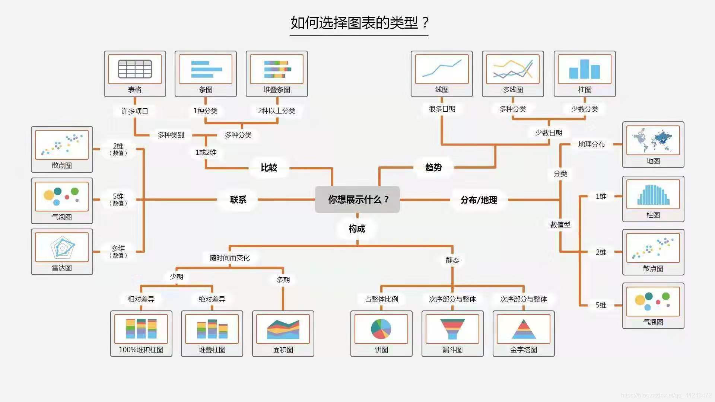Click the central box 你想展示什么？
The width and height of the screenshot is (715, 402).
pyautogui.click(x=357, y=200)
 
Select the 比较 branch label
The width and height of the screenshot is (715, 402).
pyautogui.click(x=269, y=167)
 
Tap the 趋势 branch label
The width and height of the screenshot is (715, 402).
pyautogui.click(x=433, y=167)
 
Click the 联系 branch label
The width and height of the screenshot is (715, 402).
pyautogui.click(x=238, y=200)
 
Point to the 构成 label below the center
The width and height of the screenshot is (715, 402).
pyautogui.click(x=357, y=229)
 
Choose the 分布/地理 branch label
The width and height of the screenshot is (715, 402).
pyautogui.click(x=479, y=200)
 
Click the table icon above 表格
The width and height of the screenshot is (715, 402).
pyautogui.click(x=135, y=69)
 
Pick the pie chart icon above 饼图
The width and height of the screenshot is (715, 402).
pyautogui.click(x=381, y=329)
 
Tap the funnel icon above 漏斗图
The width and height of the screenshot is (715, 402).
pyautogui.click(x=452, y=329)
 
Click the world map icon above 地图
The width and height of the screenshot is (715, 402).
pyautogui.click(x=653, y=140)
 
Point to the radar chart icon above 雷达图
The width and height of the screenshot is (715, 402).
pyautogui.click(x=62, y=247)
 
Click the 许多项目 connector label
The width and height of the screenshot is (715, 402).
pyautogui.click(x=135, y=111)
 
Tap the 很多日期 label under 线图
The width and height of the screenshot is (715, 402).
pyautogui.click(x=442, y=109)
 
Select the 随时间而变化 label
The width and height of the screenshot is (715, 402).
pyautogui.click(x=229, y=258)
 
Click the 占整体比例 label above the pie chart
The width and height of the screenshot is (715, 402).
pyautogui.click(x=381, y=299)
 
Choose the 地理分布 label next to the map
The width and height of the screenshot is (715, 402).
pyautogui.click(x=591, y=144)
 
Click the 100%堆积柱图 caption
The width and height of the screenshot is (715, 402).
pyautogui.click(x=141, y=350)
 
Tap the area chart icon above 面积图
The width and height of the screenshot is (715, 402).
pyautogui.click(x=283, y=329)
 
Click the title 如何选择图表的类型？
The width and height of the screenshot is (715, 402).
pyautogui.click(x=359, y=23)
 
